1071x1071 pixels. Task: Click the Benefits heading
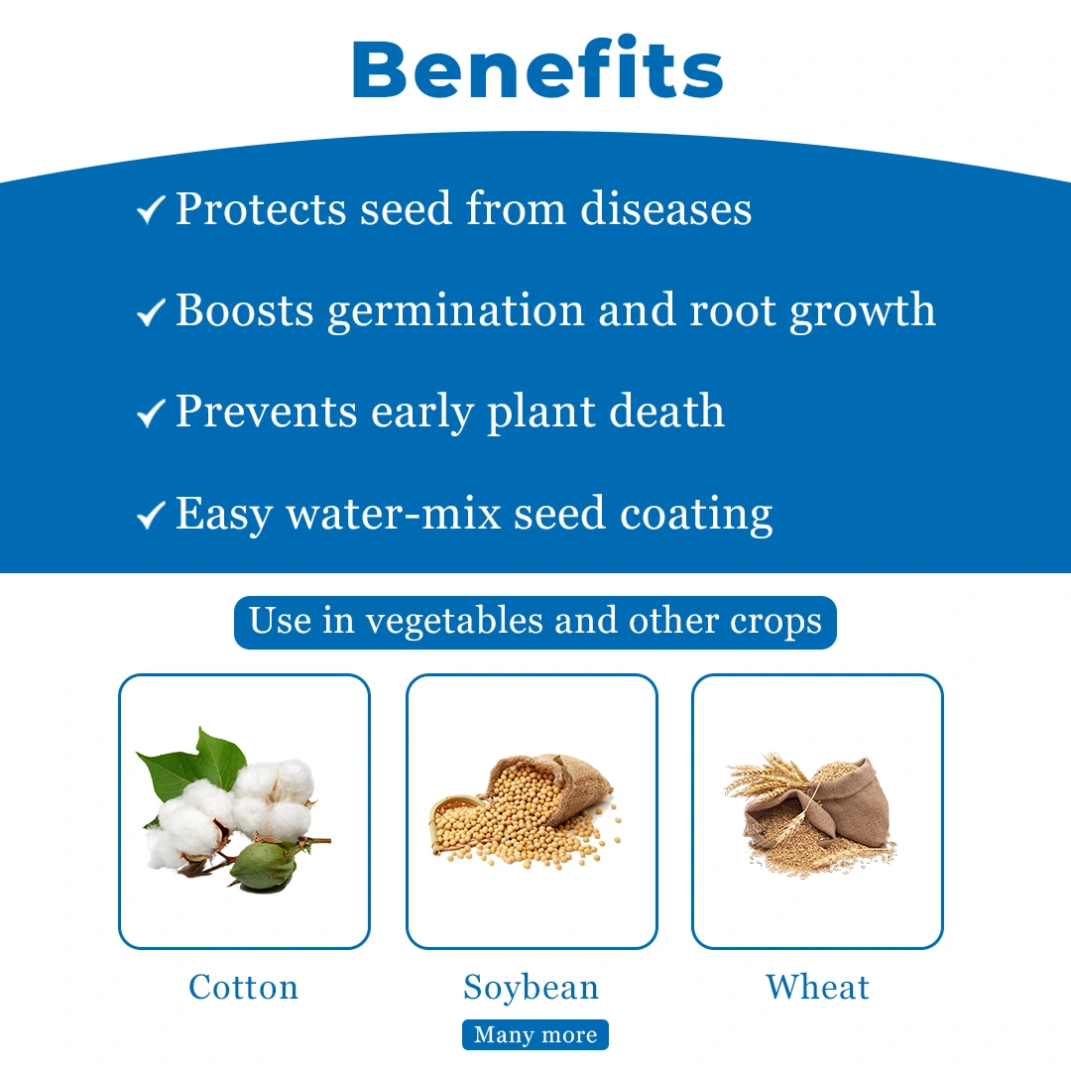click(x=537, y=69)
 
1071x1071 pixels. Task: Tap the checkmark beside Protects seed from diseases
click(x=151, y=209)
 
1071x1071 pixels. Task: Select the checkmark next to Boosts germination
click(x=151, y=312)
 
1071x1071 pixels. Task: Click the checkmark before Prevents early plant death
click(x=151, y=414)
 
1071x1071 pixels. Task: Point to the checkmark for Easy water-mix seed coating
click(x=151, y=515)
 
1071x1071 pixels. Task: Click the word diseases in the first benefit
click(x=666, y=207)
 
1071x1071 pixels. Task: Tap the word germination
click(x=455, y=311)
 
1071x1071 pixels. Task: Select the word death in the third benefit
click(x=666, y=411)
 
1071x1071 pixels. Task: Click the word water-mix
click(x=394, y=514)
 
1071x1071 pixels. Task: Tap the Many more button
click(x=535, y=1034)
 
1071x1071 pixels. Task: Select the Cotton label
click(x=244, y=987)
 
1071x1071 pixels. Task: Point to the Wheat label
click(x=817, y=987)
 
